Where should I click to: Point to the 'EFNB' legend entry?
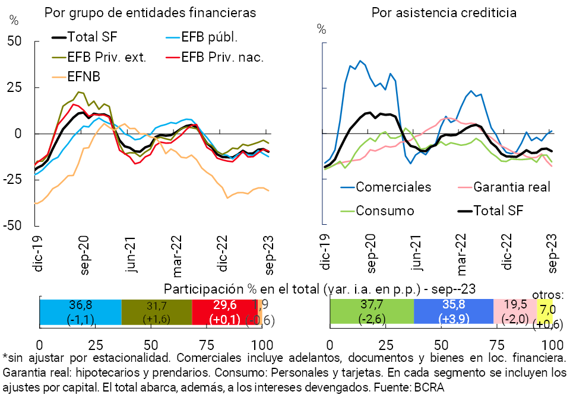click(x=84, y=77)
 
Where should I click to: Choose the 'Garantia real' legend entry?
click(x=512, y=187)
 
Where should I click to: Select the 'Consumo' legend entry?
click(x=385, y=211)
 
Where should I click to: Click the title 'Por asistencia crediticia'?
click(x=444, y=12)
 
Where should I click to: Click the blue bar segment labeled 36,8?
click(x=80, y=311)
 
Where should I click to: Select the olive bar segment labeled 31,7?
click(x=157, y=311)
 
